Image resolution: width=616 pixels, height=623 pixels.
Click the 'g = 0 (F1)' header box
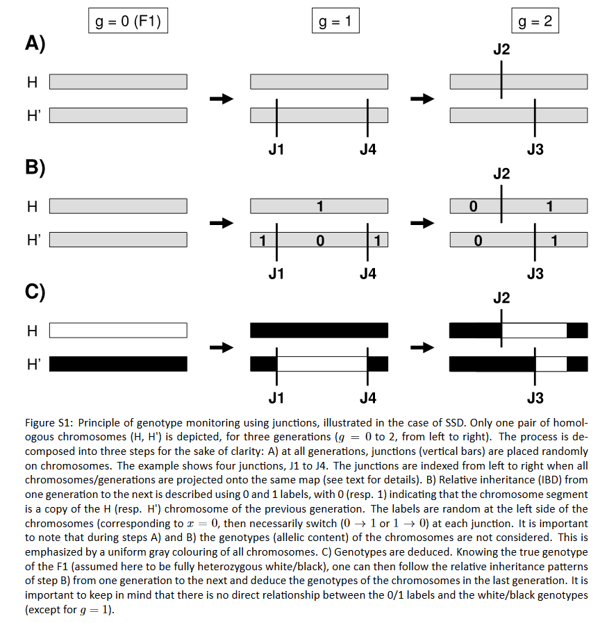128,22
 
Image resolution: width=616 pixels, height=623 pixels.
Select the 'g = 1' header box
334,22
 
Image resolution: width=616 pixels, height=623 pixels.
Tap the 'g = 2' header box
535,22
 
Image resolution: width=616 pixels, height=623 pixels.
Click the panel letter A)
35,44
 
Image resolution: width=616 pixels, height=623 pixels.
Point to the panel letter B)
35,169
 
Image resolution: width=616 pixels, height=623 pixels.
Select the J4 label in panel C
367,398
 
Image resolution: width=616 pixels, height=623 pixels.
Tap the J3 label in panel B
535,274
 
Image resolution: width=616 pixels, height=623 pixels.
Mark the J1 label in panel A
276,149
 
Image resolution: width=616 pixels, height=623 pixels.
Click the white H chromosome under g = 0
118,331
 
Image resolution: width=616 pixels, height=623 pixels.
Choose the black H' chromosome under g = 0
118,364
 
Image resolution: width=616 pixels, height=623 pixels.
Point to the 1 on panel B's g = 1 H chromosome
319,206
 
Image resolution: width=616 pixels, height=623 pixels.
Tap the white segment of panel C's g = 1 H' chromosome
322,364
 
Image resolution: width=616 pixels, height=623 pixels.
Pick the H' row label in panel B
33,240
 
